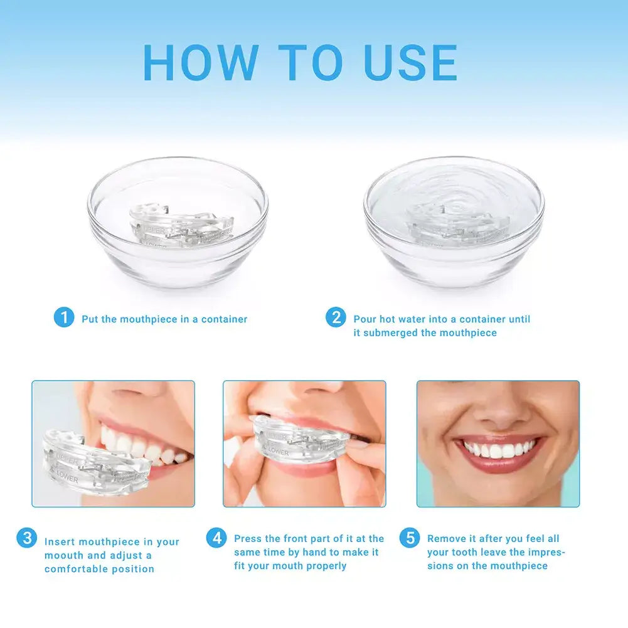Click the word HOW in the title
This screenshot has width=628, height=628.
200,62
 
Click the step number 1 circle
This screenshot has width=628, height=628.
63,317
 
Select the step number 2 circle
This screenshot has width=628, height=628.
336,317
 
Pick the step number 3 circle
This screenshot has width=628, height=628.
26,538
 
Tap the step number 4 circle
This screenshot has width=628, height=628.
216,538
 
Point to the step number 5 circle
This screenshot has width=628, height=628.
410,538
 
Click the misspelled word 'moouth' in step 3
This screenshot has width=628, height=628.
64,555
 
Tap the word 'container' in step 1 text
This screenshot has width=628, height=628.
224,319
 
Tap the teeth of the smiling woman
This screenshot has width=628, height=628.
499,450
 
